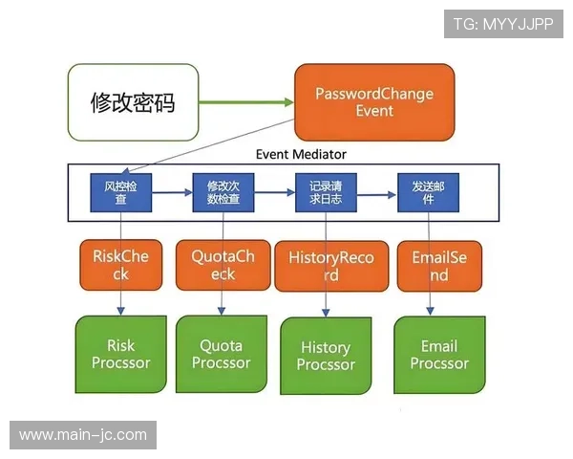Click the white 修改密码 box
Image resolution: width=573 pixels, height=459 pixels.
point(133,102)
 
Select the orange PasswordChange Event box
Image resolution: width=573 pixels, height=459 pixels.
point(373,102)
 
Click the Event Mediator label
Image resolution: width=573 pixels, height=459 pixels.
point(301,154)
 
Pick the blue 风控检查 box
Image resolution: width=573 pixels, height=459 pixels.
point(121,192)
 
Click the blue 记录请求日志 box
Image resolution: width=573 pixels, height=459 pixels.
point(326,192)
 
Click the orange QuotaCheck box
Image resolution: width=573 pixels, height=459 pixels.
point(223,265)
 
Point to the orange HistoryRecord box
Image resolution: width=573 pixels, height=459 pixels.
point(329,266)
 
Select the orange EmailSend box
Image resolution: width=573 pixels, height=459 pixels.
point(438,265)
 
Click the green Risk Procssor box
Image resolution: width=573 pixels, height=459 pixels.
point(120,354)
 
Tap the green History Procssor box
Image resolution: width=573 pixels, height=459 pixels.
point(326,356)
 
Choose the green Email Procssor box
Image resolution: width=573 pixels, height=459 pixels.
point(439,354)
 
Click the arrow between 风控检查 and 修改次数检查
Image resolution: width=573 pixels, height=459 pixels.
point(171,192)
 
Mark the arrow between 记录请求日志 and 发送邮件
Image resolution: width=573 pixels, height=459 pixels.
point(377,194)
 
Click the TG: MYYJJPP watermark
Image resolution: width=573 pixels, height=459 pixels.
point(503,23)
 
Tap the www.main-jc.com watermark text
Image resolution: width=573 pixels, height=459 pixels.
point(83,435)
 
